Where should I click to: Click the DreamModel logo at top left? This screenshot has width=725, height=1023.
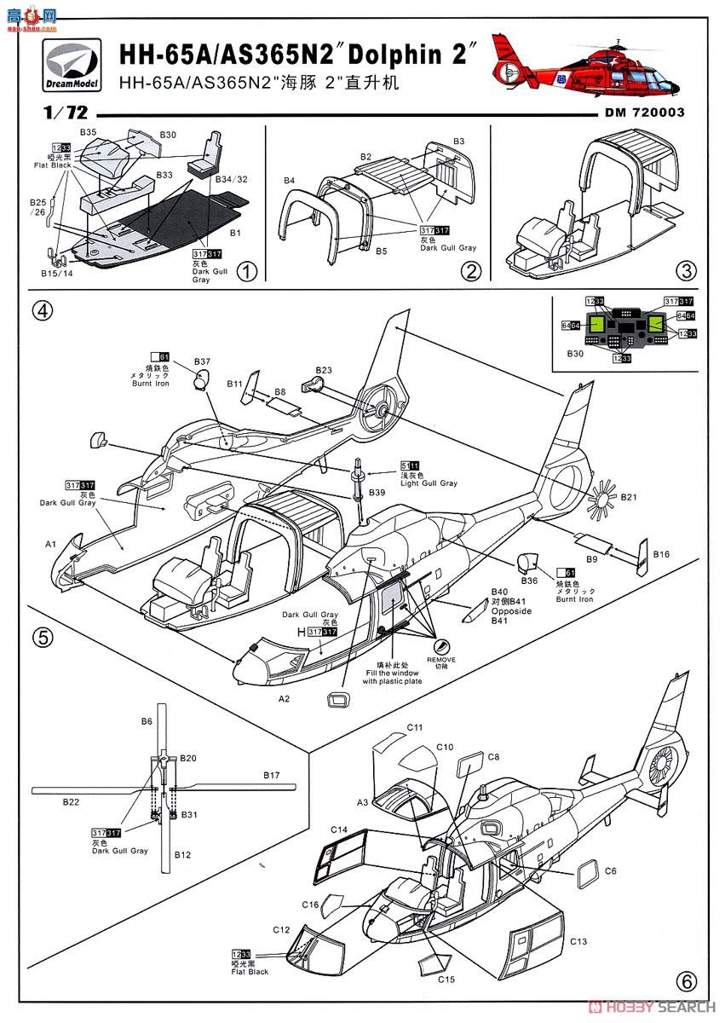coord(71,67)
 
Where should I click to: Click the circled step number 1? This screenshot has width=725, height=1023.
coord(245,271)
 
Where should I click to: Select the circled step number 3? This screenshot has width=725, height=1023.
coord(687,270)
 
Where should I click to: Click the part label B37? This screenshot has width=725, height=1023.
coord(202,362)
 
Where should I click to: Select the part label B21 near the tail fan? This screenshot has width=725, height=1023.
coord(629,497)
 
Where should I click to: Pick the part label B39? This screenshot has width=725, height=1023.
coord(376,494)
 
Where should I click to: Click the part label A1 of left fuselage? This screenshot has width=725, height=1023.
coord(50,543)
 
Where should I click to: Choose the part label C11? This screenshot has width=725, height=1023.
coord(415,727)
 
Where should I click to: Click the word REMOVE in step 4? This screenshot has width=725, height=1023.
coord(441,660)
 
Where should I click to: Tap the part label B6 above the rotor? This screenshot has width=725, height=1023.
coord(147,721)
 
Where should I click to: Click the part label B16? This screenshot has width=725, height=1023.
coord(662,555)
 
